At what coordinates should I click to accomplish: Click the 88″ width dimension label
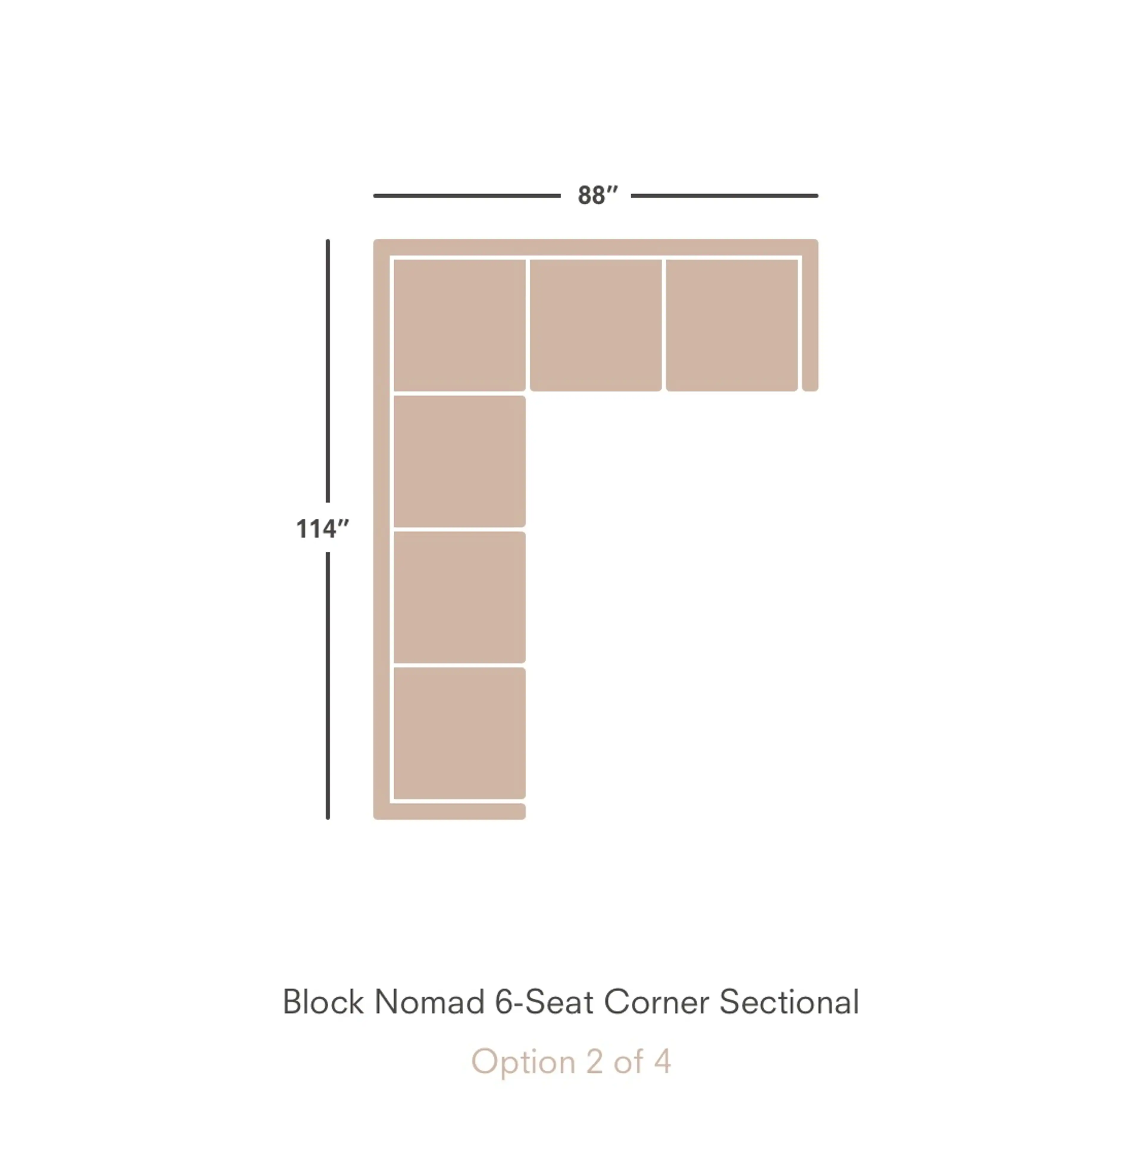(x=597, y=195)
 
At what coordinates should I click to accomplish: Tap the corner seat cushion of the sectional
(x=459, y=325)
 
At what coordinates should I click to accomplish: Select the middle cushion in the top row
(x=596, y=325)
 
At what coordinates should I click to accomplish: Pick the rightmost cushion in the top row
(x=732, y=325)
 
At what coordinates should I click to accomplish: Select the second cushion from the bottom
(x=459, y=597)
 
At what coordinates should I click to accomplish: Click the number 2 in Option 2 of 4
(x=594, y=1061)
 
